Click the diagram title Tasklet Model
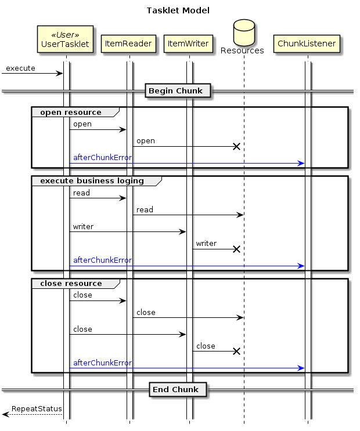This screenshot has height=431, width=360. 178,10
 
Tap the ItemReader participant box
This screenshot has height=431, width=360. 129,44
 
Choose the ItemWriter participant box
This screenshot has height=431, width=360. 188,44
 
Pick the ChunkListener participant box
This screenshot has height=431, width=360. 307,44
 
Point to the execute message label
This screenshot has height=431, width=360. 20,68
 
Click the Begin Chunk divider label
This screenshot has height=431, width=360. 178,90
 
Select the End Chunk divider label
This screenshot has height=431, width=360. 178,389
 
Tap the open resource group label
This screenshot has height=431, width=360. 70,112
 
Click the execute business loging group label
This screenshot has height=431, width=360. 92,180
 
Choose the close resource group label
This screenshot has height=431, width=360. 71,284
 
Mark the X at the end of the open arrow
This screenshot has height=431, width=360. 236,146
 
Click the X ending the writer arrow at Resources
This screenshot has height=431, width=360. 236,249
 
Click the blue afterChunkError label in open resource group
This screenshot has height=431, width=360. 102,158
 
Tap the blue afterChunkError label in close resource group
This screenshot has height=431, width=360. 102,363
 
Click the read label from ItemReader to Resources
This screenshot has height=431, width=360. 145,209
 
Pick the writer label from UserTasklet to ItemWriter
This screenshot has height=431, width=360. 83,226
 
